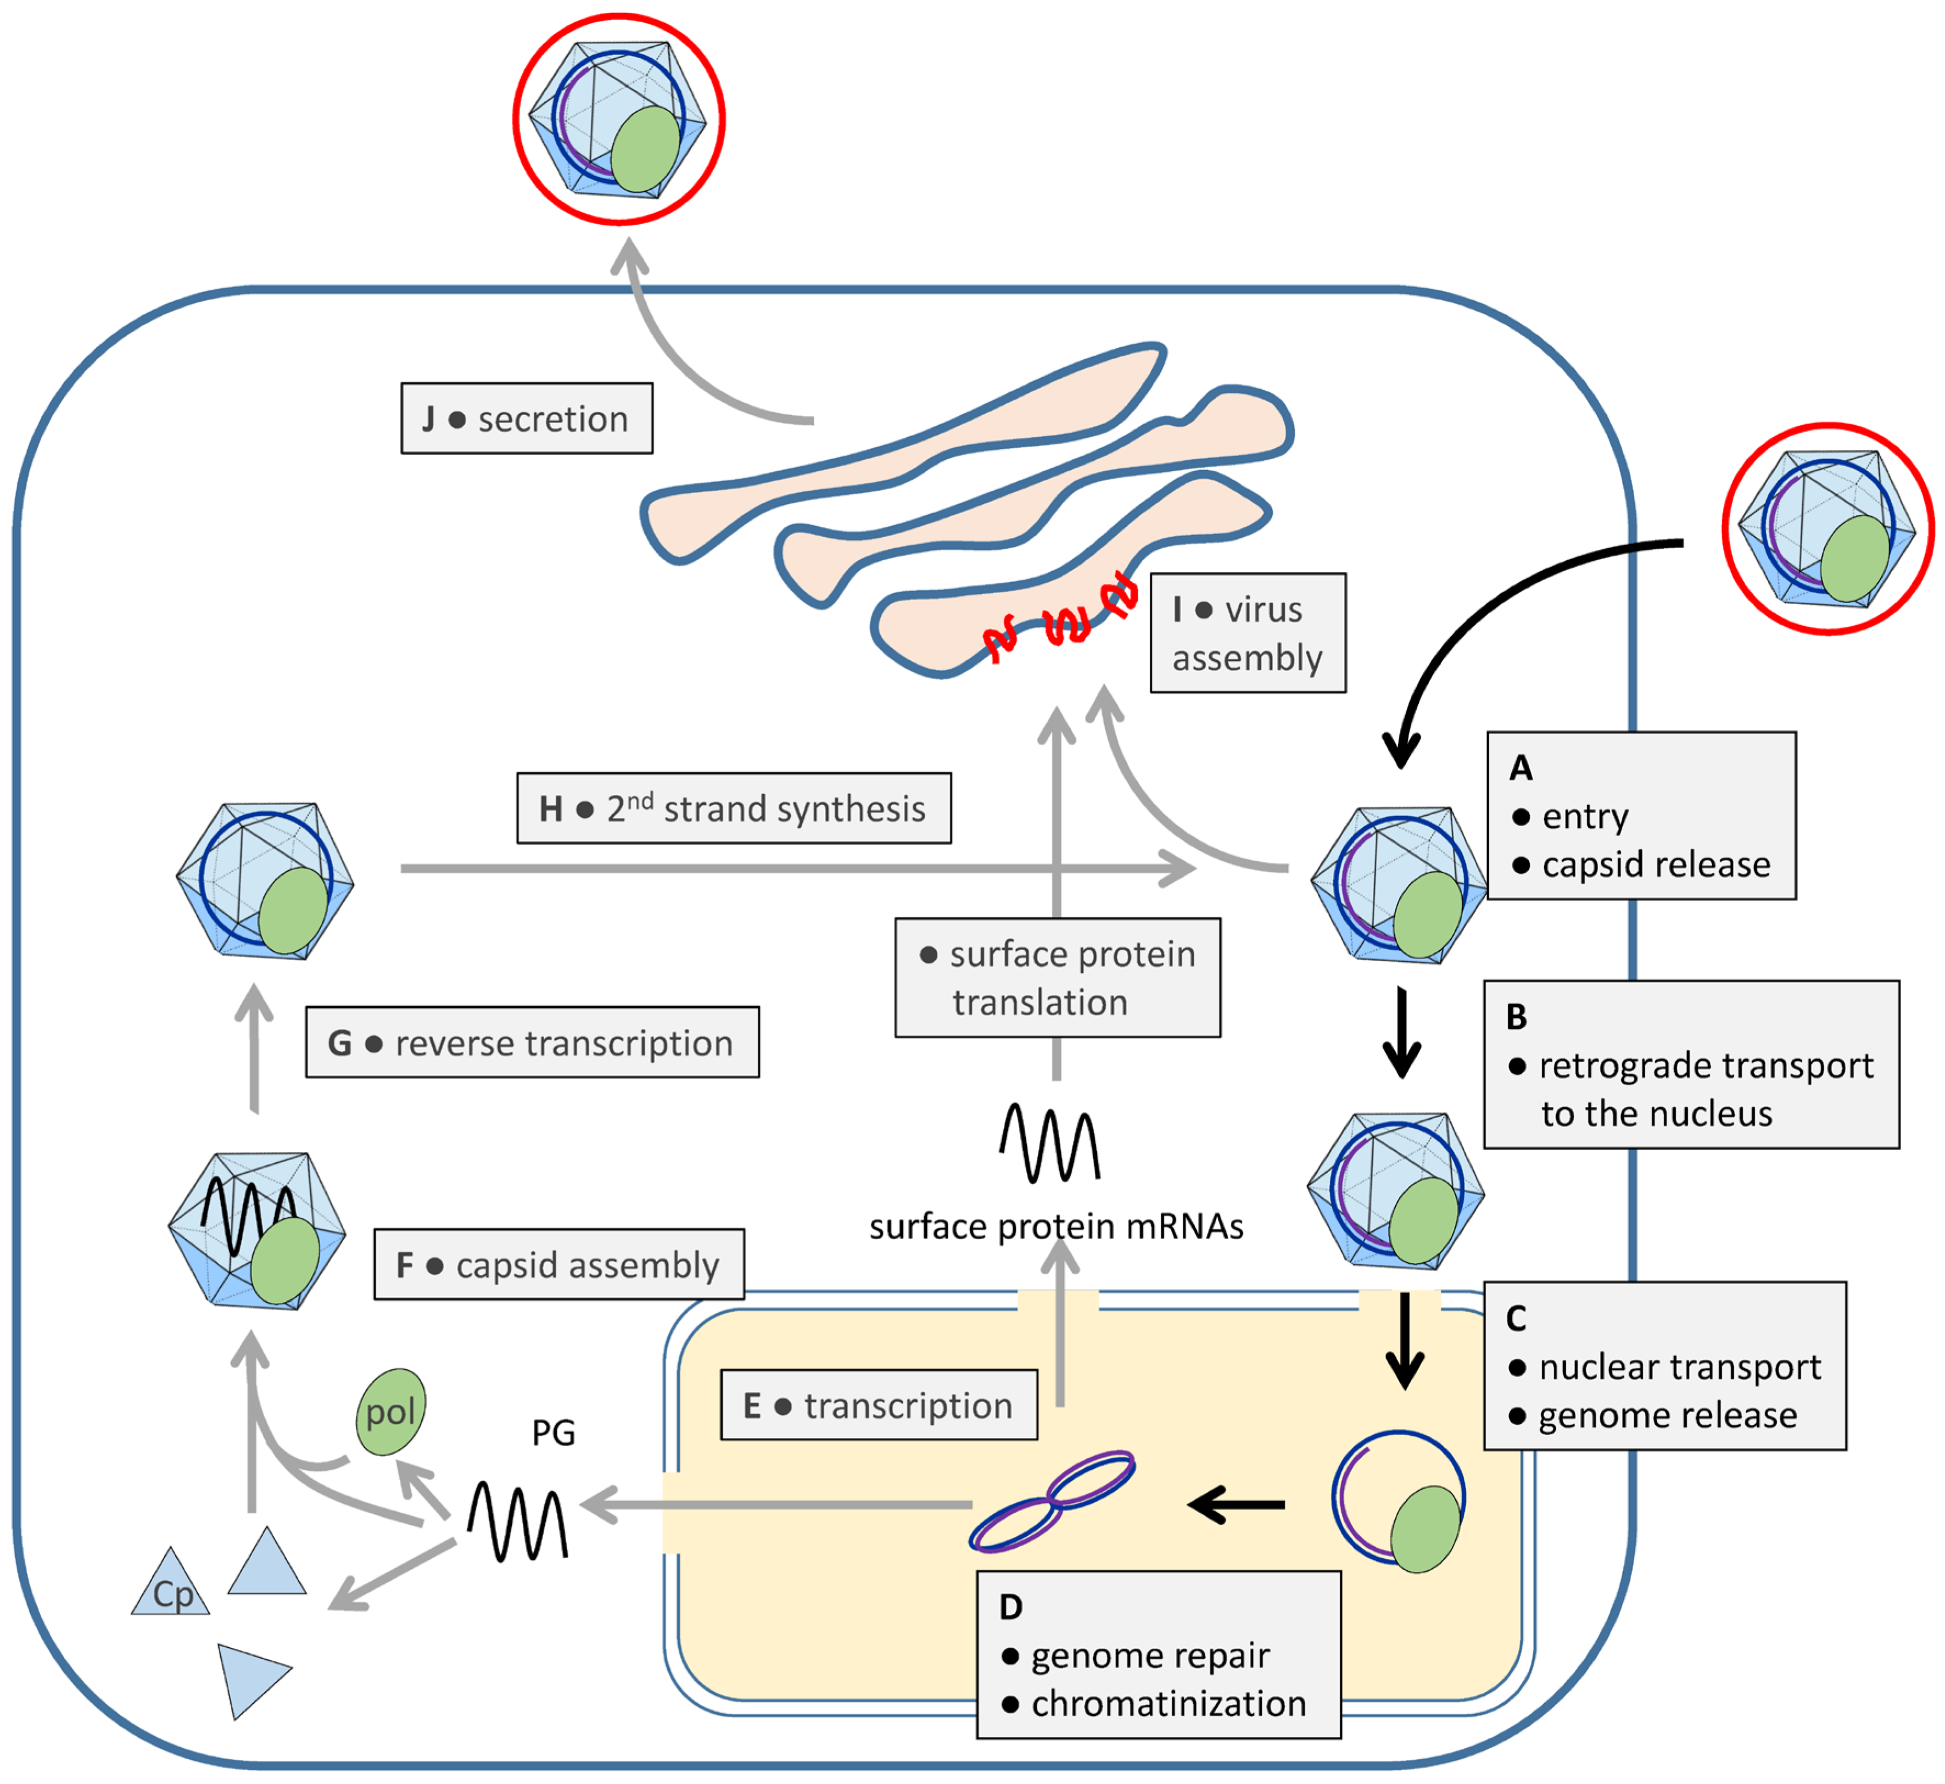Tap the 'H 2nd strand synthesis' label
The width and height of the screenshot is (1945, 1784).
(734, 808)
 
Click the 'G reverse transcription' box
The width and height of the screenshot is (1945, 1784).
(532, 1042)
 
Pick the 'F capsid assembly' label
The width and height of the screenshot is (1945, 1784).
(559, 1264)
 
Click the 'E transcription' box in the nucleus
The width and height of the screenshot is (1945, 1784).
(879, 1406)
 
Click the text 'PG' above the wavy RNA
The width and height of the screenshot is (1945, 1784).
(553, 1432)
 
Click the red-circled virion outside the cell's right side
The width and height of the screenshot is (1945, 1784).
(1827, 529)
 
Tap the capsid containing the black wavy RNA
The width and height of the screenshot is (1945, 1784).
(257, 1231)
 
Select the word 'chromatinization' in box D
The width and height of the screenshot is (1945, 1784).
(1168, 1704)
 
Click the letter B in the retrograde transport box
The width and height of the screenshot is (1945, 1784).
(1517, 1017)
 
